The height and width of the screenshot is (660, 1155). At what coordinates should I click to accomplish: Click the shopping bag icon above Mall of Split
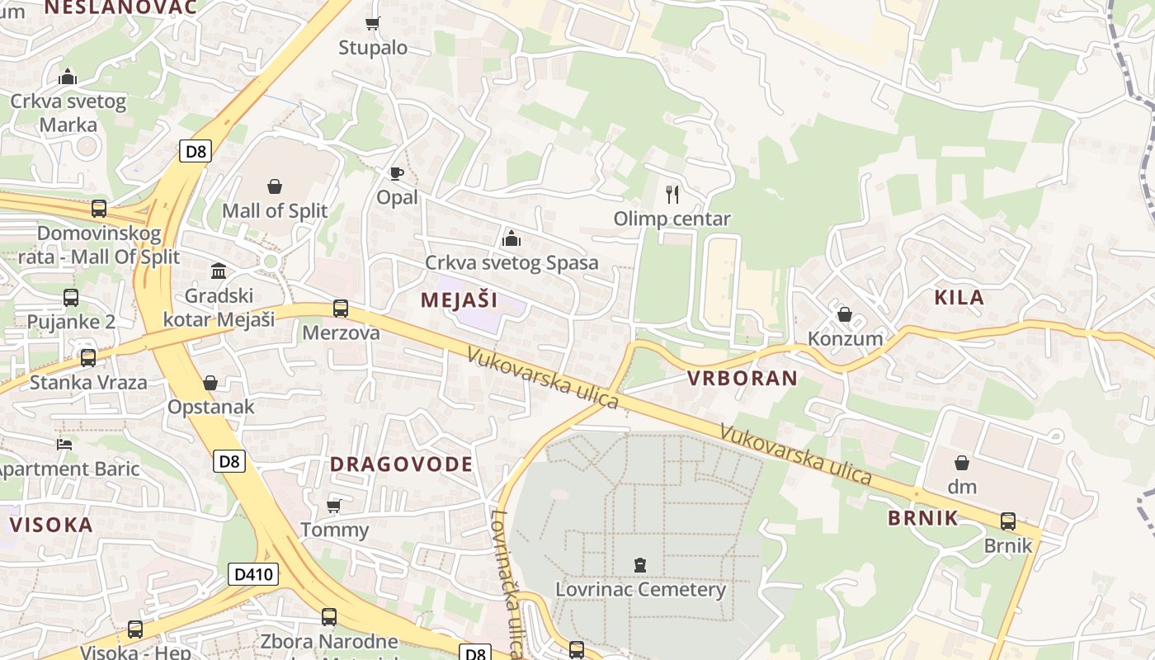pos(275,187)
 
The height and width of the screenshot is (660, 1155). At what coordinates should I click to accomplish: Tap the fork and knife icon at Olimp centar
pos(672,195)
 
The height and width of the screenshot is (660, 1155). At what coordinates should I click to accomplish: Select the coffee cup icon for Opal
pos(397,173)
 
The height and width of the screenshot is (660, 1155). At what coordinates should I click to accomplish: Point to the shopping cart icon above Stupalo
pos(373,24)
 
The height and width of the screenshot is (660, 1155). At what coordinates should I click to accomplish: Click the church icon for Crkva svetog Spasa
pos(511,239)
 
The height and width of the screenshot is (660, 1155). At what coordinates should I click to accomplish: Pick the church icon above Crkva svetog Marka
pos(68,78)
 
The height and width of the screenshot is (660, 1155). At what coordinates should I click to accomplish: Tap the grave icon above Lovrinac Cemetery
pos(639,565)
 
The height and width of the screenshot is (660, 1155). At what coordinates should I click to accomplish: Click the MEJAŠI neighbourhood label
pos(460,299)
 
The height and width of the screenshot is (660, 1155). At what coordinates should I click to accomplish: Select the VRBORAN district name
pos(742,379)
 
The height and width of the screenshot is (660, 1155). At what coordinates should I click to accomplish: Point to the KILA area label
pos(959,298)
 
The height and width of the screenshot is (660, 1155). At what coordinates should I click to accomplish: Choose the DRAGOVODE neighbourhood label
pos(402,464)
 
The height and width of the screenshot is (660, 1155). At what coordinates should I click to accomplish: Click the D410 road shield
pos(253,574)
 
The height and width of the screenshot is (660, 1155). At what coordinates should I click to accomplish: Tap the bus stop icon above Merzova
pos(341,309)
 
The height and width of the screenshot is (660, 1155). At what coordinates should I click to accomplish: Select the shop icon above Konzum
pos(844,314)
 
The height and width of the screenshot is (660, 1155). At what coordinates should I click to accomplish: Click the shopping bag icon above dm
pos(962,463)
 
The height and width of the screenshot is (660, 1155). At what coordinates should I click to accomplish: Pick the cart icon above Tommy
pos(334,505)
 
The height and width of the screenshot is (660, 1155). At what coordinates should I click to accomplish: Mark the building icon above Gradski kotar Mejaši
pos(219,271)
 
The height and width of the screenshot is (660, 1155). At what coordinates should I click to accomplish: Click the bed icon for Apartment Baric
pos(64,445)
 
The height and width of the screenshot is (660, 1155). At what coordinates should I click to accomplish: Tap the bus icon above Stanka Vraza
pos(88,358)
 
